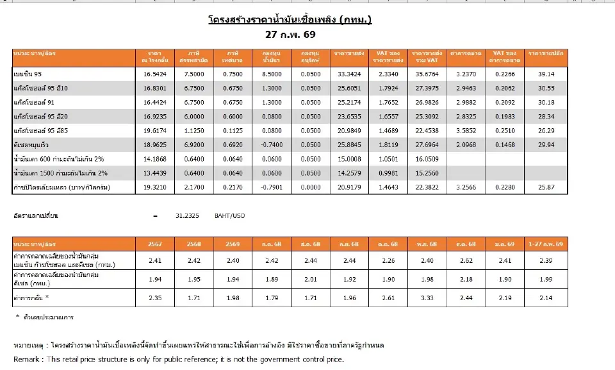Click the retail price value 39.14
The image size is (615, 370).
[543, 74]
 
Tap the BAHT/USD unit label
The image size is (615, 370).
[229, 216]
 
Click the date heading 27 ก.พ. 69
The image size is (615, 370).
[291, 34]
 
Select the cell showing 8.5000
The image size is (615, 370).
[271, 74]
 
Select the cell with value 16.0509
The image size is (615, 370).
[428, 158]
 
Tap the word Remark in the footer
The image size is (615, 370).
[26, 359]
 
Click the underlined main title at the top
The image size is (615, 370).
[290, 20]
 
